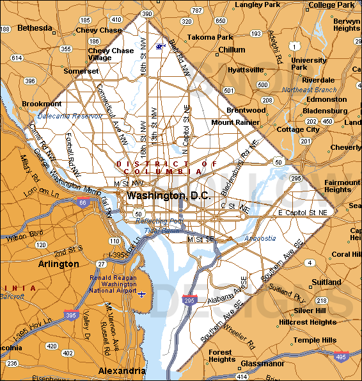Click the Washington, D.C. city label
[x=168, y=195]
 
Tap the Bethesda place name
[x=35, y=28]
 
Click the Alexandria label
[x=122, y=371]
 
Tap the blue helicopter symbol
[x=161, y=46]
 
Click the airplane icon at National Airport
[x=142, y=294]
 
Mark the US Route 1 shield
[x=294, y=46]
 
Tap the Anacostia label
[x=260, y=238]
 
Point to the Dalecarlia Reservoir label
[x=69, y=116]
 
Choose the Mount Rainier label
[x=232, y=122]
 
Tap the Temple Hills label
[x=315, y=340]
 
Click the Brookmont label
[x=42, y=104]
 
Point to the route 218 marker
[x=322, y=300]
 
